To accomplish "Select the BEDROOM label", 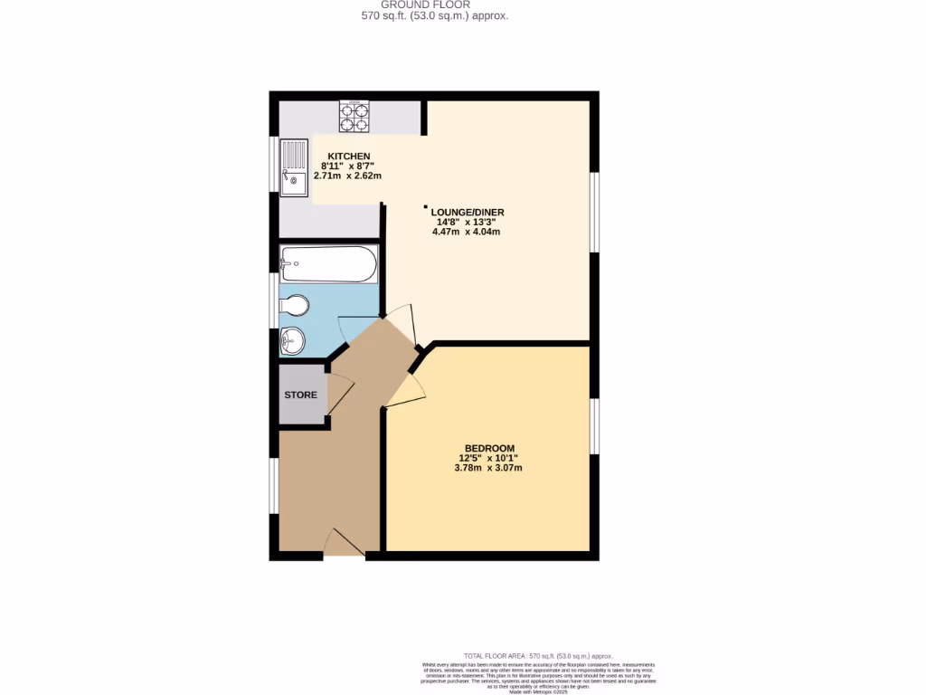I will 489,449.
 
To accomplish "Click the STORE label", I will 301,395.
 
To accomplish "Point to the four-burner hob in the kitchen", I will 354,117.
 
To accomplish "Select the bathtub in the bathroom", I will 327,264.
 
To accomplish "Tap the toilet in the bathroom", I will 295,304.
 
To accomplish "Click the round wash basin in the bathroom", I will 293,341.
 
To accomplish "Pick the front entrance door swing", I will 344,544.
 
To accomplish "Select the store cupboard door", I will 340,396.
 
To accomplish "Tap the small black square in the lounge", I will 426,207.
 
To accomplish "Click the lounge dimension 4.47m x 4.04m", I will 467,232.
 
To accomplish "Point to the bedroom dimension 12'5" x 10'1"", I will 489,459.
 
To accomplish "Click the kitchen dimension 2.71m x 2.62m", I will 347,176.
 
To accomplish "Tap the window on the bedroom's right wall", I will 594,425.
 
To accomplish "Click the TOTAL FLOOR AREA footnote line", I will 537,656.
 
